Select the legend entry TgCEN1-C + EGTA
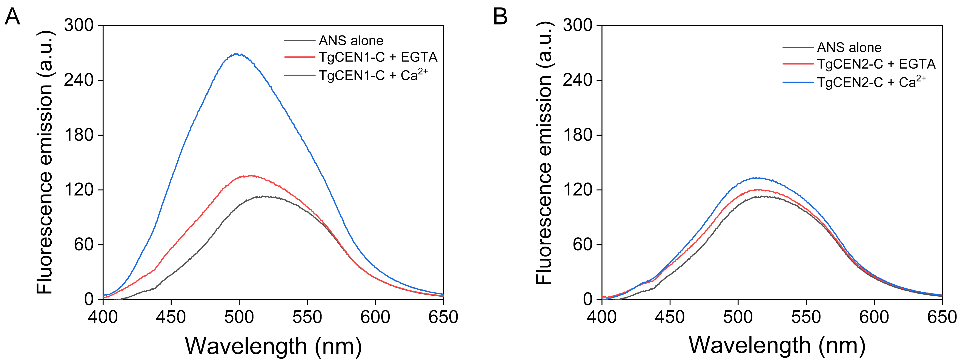tap(378, 57)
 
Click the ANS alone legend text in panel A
tap(351, 40)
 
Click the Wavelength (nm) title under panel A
tap(273, 346)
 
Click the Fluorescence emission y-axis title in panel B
tap(544, 153)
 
